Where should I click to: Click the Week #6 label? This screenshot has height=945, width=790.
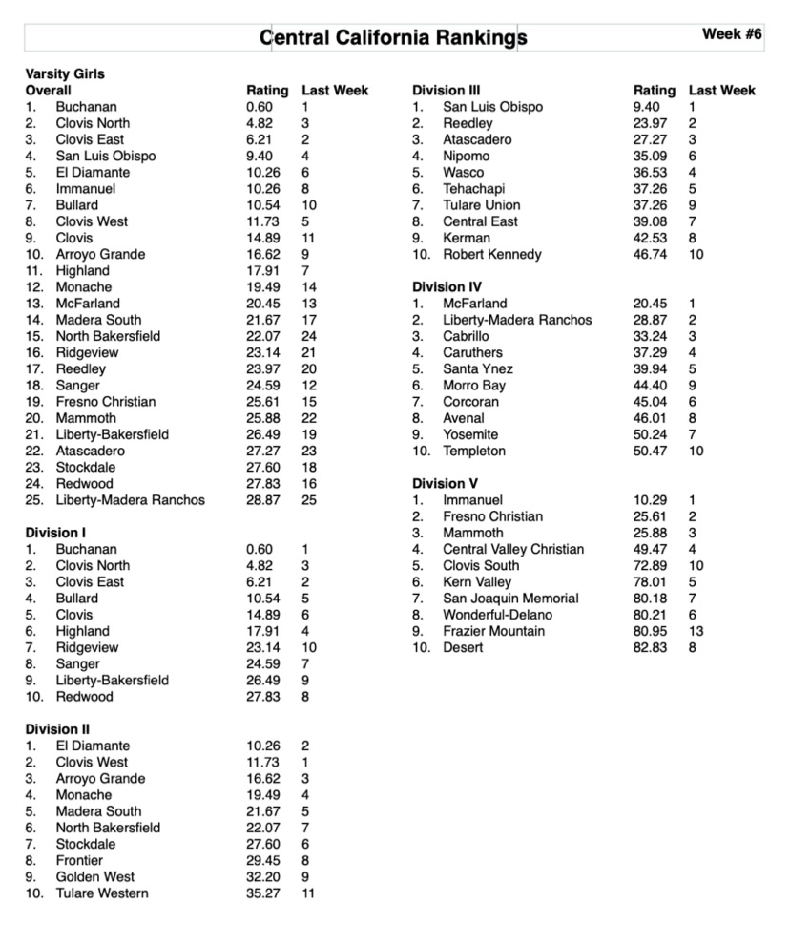[732, 33]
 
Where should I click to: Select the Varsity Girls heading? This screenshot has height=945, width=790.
[65, 73]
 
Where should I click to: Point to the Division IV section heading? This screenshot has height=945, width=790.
[447, 287]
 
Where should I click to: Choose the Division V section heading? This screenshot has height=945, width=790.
[445, 484]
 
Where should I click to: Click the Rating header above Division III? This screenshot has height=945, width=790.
[654, 91]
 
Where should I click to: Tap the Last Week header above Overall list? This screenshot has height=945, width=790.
[335, 91]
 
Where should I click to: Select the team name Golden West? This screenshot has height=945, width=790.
[94, 876]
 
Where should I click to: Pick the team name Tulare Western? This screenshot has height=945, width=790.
[102, 893]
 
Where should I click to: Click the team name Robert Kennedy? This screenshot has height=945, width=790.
[491, 255]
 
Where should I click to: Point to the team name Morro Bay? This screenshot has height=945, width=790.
[474, 386]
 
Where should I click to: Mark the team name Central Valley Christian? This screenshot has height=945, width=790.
[513, 549]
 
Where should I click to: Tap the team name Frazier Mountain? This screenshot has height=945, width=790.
[493, 631]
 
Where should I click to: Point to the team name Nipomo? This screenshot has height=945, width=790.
[466, 157]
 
